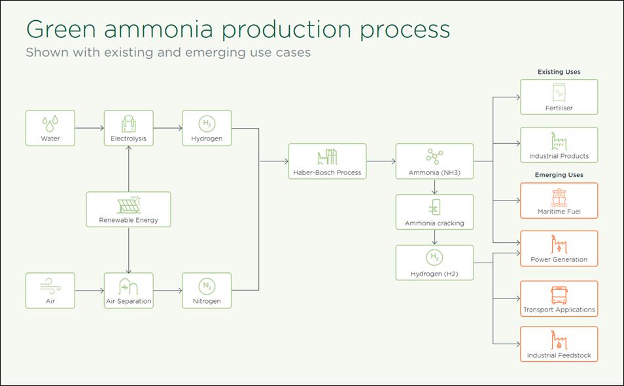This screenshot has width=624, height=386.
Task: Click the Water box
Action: tap(50, 128)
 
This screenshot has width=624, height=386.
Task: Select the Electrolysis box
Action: tap(128, 128)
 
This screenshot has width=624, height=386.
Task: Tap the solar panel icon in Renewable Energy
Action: tap(128, 204)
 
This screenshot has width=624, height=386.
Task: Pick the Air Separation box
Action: tap(128, 291)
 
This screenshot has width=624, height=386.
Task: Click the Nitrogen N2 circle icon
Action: tap(206, 285)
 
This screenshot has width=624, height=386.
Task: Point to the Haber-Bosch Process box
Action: tap(327, 161)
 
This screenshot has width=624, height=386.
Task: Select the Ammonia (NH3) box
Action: tap(434, 161)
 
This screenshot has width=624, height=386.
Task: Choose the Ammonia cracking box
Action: tap(434, 212)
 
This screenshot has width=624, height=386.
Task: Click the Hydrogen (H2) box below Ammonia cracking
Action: tap(434, 263)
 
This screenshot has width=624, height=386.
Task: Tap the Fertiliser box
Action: tap(559, 97)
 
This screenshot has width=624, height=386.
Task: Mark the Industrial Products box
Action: tap(559, 145)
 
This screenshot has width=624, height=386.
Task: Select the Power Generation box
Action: tap(559, 248)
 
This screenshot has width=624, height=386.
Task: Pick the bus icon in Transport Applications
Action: tap(559, 295)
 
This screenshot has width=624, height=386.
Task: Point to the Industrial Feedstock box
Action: tap(559, 344)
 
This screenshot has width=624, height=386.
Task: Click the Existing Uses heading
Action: tap(559, 72)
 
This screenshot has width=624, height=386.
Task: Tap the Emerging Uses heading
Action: tap(559, 175)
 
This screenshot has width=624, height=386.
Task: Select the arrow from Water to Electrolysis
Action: tap(89, 128)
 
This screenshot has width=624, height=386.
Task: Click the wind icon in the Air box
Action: tap(50, 285)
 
